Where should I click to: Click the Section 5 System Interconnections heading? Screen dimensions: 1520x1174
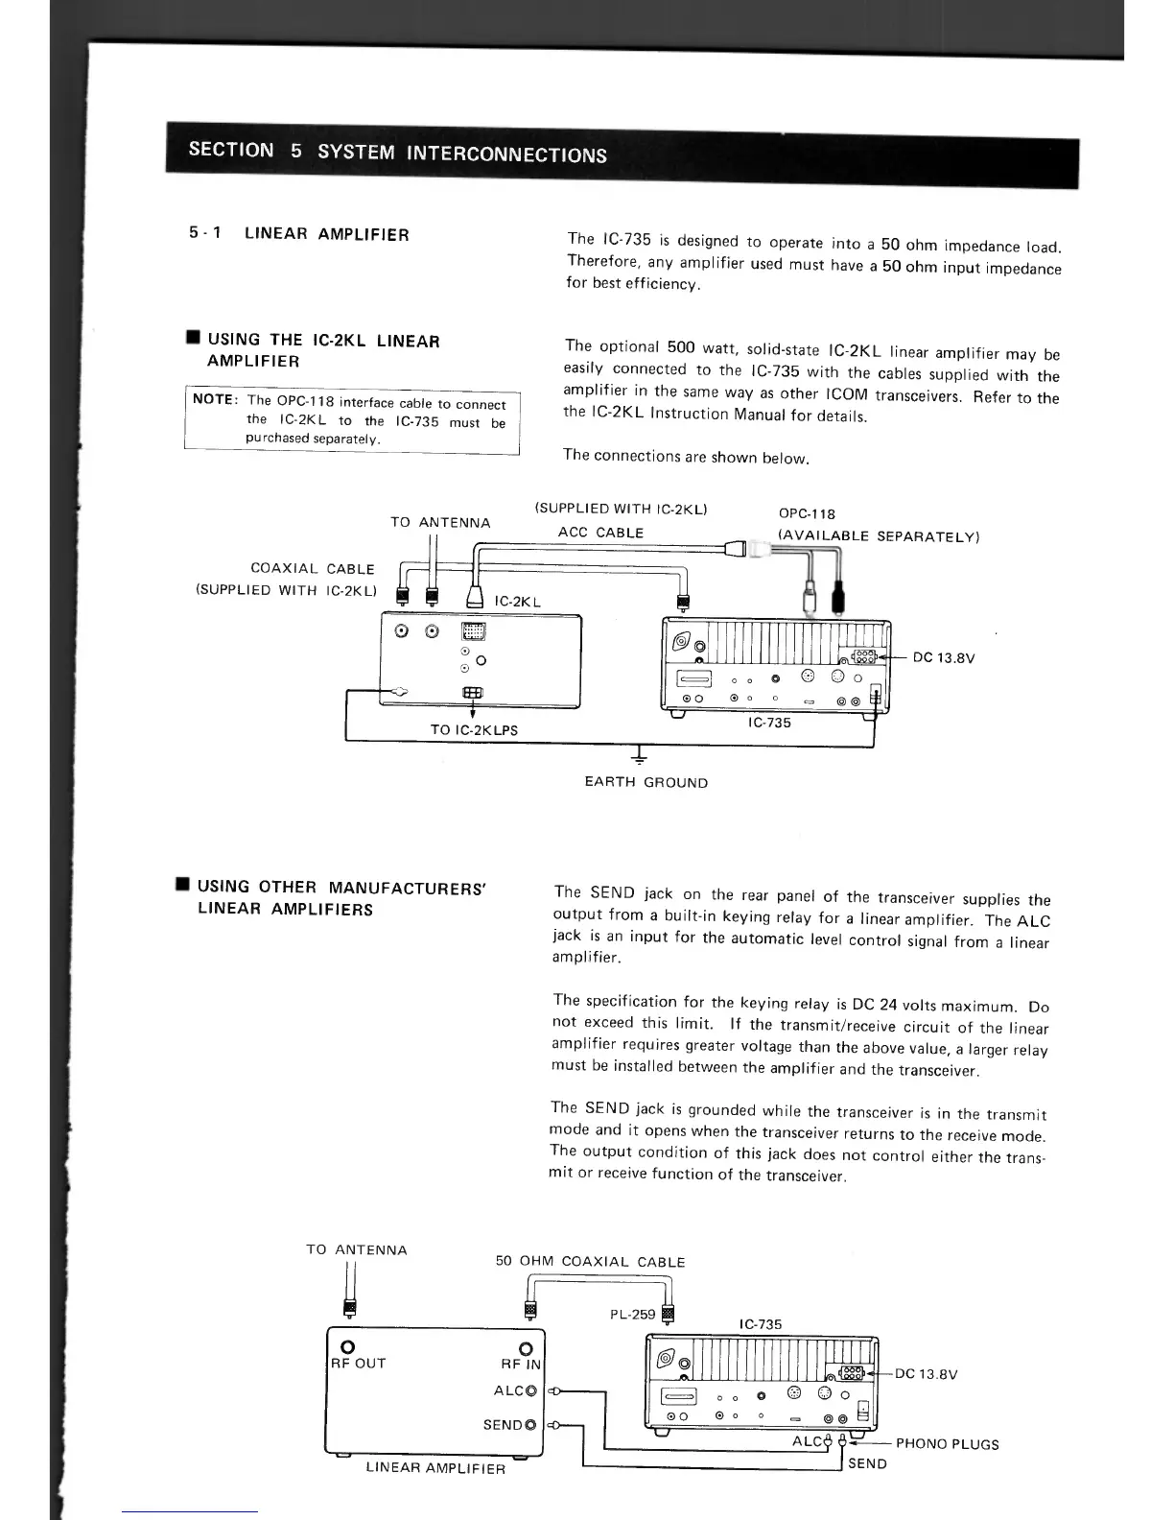pyautogui.click(x=397, y=152)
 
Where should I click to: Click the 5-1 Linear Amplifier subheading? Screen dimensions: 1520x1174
pyautogui.click(x=298, y=233)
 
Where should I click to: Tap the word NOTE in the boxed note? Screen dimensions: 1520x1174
pyautogui.click(x=214, y=399)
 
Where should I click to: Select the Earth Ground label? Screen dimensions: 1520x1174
pyautogui.click(x=646, y=782)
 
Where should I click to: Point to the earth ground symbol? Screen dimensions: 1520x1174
pyautogui.click(x=637, y=753)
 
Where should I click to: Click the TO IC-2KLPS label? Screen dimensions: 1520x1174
pyautogui.click(x=474, y=729)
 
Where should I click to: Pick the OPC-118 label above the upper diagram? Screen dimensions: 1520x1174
pyautogui.click(x=807, y=513)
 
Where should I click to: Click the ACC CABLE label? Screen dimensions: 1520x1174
pyautogui.click(x=600, y=533)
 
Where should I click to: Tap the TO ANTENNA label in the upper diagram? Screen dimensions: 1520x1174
pyautogui.click(x=440, y=522)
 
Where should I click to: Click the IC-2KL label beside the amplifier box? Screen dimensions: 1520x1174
pyautogui.click(x=517, y=602)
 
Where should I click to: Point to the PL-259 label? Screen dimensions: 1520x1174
pyautogui.click(x=633, y=1315)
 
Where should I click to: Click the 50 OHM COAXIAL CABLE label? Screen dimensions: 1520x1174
pyautogui.click(x=590, y=1262)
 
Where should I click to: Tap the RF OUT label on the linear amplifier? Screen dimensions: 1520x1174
pyautogui.click(x=358, y=1364)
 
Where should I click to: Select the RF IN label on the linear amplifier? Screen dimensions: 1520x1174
pyautogui.click(x=521, y=1364)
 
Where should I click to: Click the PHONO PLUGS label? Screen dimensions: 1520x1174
pyautogui.click(x=947, y=1444)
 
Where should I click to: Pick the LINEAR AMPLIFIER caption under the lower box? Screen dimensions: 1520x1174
pyautogui.click(x=435, y=1468)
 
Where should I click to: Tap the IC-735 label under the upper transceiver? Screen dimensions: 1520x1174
pyautogui.click(x=769, y=722)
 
